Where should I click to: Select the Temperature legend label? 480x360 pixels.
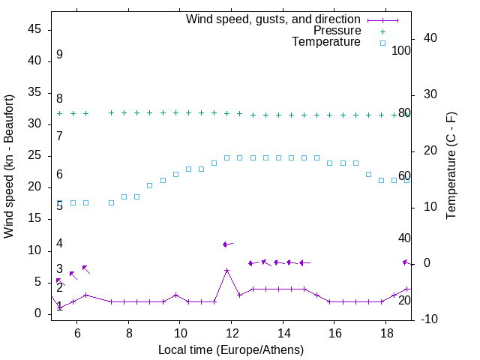tap(326, 42)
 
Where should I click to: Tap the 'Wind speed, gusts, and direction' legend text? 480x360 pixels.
tap(274, 19)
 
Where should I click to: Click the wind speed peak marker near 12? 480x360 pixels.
tap(226, 270)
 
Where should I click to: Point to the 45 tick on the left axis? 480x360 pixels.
tap(34, 29)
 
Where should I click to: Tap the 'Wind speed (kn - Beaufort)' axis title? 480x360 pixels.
tap(9, 166)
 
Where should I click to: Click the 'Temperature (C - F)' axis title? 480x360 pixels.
tap(451, 166)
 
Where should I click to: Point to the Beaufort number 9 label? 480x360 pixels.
tap(59, 55)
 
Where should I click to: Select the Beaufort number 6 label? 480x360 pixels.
tap(59, 175)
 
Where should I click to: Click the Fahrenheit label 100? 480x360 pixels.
tap(402, 51)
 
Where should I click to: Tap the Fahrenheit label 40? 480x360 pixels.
tap(404, 238)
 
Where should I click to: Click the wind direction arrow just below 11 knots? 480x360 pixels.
tap(227, 244)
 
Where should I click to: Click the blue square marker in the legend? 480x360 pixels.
tap(382, 43)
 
